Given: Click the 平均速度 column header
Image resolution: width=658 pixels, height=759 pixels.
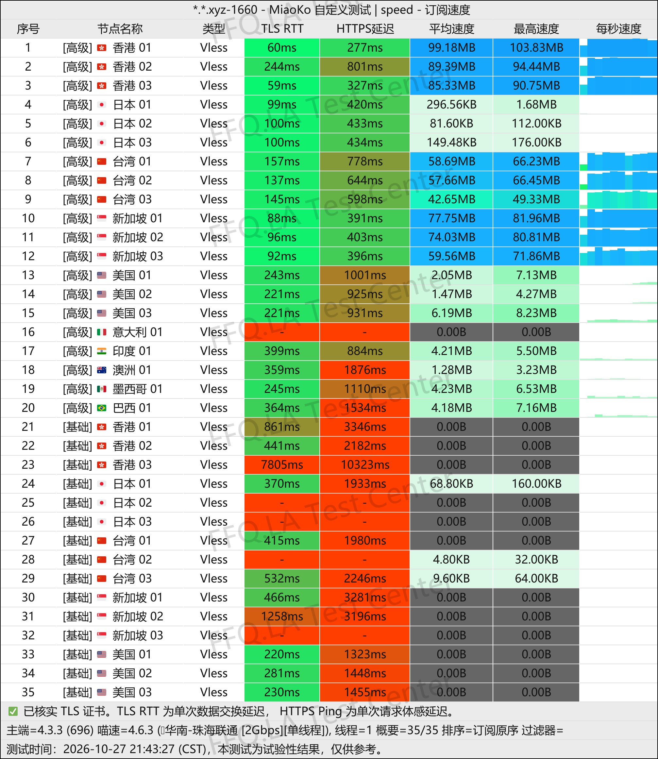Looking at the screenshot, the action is point(451,29).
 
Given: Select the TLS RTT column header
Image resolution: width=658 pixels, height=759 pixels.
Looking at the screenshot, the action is point(282,29).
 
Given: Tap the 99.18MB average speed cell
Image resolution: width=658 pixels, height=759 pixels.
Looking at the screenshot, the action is point(451,48).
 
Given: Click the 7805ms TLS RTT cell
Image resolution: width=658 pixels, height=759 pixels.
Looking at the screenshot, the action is point(282,464).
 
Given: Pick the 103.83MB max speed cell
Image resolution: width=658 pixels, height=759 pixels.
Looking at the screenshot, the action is point(536,48).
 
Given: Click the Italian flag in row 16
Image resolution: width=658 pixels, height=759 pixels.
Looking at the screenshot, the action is point(102,332).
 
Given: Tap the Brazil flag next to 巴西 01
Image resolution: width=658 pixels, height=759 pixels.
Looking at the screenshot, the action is point(102,408).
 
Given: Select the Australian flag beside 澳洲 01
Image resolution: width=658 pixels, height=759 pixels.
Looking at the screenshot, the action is point(102,370).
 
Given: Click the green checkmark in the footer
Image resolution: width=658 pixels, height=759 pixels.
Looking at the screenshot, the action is point(13,712).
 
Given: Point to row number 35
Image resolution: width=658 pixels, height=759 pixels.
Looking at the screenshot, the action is point(28,692).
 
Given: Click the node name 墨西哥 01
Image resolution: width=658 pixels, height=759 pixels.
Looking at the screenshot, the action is point(137,389).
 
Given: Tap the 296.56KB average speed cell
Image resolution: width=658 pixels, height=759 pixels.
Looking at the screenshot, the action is point(451,105).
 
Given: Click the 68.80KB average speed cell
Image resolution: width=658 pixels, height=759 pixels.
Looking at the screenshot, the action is point(451,483).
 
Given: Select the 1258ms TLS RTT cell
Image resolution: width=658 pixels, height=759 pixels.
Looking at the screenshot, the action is point(282,616).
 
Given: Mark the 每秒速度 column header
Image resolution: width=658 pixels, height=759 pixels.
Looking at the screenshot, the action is point(618,29).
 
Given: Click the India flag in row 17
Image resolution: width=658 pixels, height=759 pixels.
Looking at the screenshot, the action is point(102,351).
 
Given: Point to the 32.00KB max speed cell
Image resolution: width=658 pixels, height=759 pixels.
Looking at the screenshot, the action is point(536,559).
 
